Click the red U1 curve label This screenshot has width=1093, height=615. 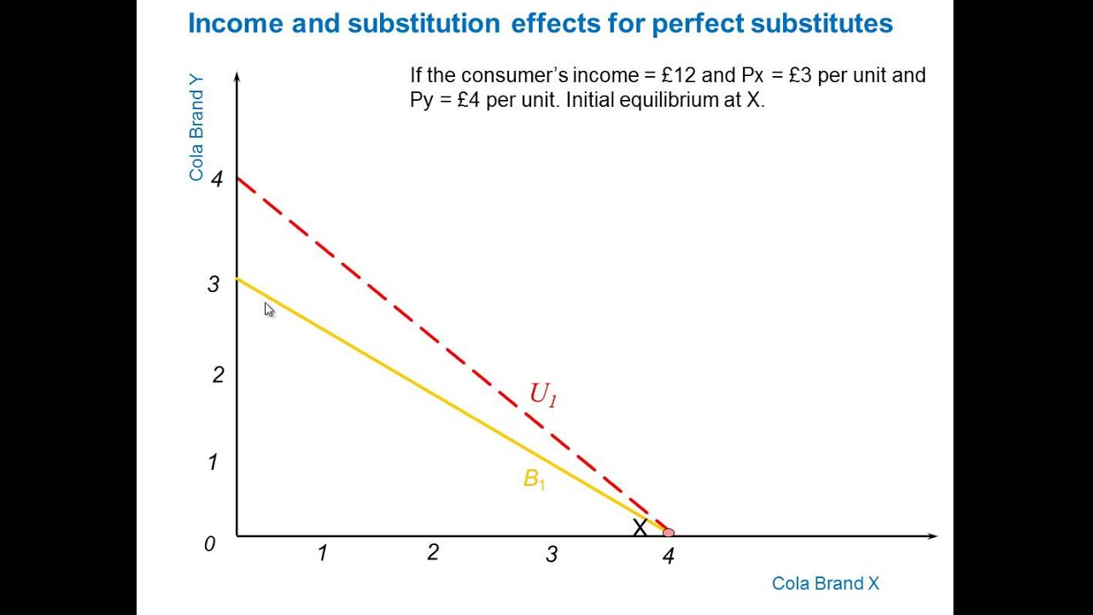(543, 394)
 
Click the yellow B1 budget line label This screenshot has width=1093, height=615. (534, 479)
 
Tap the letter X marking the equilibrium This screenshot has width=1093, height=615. (640, 528)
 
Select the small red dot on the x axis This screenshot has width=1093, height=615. (668, 533)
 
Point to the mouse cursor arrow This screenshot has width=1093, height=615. (268, 309)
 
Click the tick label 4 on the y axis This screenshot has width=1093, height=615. (217, 179)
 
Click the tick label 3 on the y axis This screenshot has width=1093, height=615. (213, 284)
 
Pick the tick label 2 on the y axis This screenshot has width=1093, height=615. (218, 374)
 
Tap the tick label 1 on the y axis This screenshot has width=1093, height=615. (213, 462)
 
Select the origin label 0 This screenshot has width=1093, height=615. (209, 544)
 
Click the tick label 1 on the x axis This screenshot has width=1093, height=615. (322, 553)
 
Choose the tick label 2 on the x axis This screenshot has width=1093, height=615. (433, 553)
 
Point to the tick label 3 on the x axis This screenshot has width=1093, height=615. (552, 554)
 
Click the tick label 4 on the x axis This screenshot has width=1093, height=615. (668, 556)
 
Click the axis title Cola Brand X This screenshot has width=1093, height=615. (825, 583)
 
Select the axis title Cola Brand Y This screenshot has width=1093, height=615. (196, 128)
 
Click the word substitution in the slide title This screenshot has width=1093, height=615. (424, 24)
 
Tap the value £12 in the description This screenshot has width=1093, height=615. (679, 75)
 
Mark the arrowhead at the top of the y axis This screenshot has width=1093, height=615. (237, 77)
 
